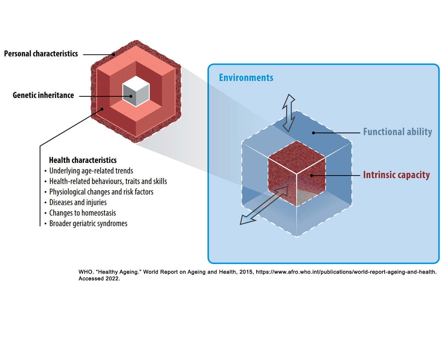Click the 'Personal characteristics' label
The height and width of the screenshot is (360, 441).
[x=41, y=54]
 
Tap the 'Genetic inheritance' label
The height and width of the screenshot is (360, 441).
[x=43, y=95]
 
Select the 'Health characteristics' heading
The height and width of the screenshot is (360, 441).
[x=83, y=160]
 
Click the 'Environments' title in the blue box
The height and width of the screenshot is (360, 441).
[x=246, y=78]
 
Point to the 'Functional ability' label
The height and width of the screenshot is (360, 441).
[x=398, y=132]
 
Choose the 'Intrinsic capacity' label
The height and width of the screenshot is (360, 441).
[x=396, y=175]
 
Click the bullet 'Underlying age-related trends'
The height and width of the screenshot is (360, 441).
[x=89, y=171]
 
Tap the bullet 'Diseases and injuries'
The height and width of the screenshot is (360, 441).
[x=76, y=202]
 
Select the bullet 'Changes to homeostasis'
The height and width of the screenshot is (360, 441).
[x=80, y=213]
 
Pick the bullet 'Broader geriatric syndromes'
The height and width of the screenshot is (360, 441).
[x=86, y=223]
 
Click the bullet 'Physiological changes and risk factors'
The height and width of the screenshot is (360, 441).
[x=99, y=192]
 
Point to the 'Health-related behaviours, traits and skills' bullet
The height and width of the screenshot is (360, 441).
[x=106, y=181]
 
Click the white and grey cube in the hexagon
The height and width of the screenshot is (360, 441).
[x=136, y=91]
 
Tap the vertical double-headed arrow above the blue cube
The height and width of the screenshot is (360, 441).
[x=288, y=113]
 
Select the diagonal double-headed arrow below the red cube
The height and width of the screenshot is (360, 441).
[x=264, y=205]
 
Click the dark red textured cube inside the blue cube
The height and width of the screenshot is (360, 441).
[x=297, y=174]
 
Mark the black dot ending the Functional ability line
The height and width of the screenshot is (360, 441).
[x=313, y=133]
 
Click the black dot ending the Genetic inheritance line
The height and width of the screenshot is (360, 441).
[x=131, y=96]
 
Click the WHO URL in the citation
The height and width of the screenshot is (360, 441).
[x=346, y=272]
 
